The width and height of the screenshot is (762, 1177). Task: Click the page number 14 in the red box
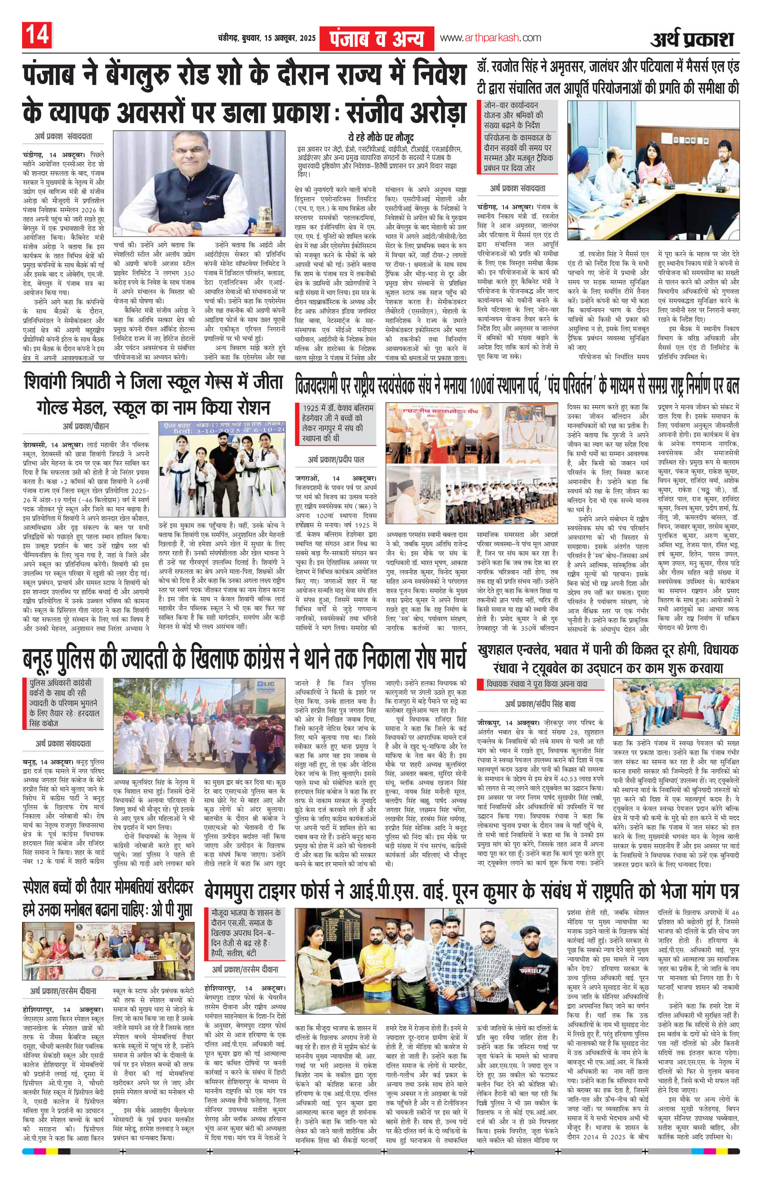[37, 37]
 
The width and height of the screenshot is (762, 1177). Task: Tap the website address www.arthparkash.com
[490, 38]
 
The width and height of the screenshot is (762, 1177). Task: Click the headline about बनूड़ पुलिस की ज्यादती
[245, 657]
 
